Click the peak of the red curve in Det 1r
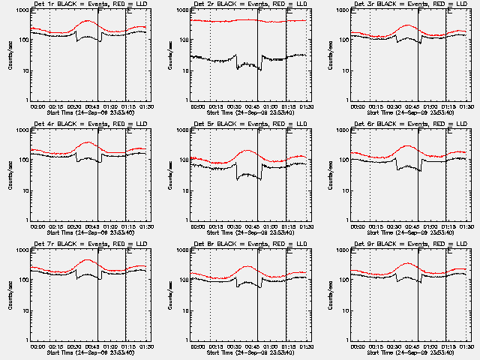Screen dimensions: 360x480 (x=88, y=21)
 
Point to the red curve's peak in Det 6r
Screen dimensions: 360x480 (x=408, y=145)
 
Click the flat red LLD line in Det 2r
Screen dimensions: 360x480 (x=217, y=20)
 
